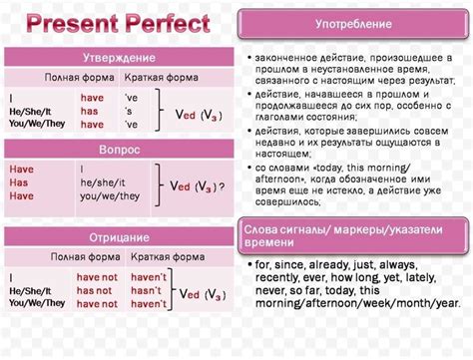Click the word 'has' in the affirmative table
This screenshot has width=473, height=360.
93,112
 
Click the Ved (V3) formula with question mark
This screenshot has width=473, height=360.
197,186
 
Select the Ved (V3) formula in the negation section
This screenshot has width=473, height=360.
204,292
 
